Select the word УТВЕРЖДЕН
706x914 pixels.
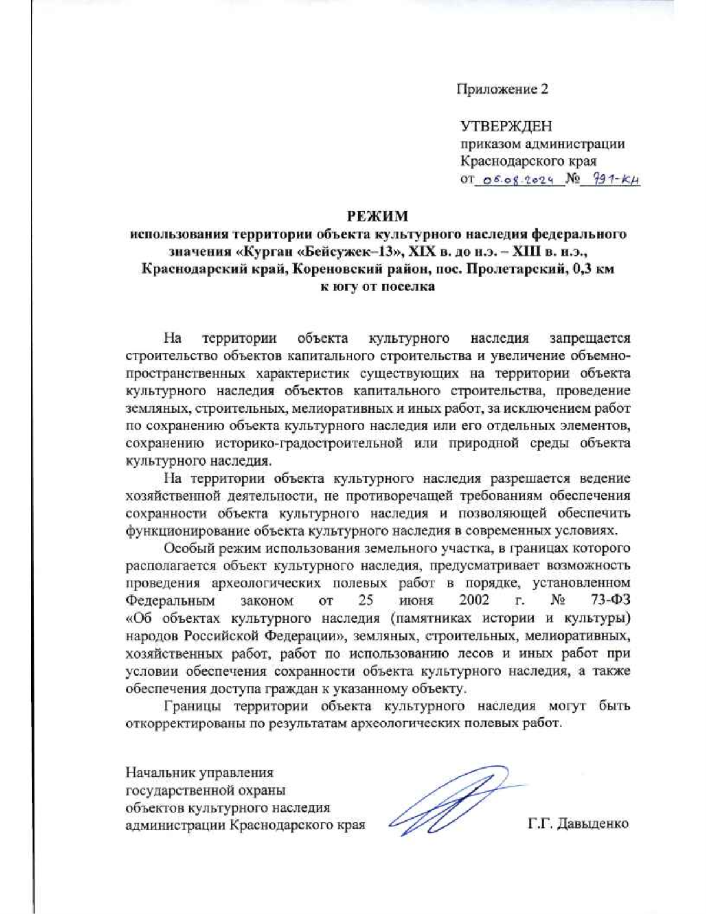[x=506, y=126]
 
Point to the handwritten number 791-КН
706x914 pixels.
[x=610, y=180]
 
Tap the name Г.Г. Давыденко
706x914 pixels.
[x=578, y=823]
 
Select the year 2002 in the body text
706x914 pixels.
[x=474, y=600]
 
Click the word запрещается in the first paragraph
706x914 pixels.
[x=590, y=338]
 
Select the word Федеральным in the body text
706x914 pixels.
[x=170, y=600]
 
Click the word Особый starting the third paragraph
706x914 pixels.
[x=188, y=549]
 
